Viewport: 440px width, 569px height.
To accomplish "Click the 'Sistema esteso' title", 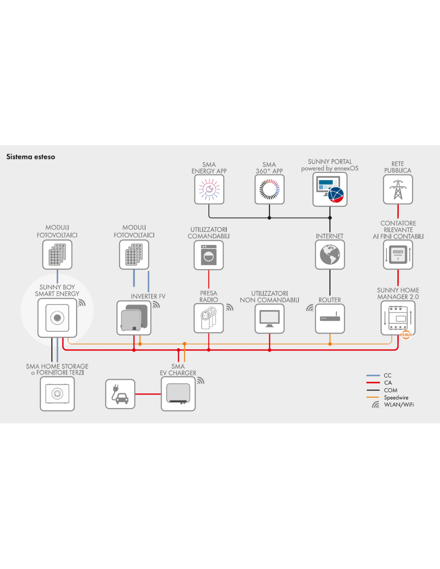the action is click(31, 157).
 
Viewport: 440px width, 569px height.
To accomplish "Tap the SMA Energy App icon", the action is click(209, 189).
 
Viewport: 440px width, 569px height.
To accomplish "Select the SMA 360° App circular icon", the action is click(269, 189).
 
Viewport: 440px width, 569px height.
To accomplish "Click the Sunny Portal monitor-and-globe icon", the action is click(330, 189).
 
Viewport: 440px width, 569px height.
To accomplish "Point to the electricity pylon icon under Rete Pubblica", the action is click(398, 189).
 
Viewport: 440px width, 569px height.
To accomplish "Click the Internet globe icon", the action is click(330, 254).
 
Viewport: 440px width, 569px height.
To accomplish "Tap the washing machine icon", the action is click(209, 255).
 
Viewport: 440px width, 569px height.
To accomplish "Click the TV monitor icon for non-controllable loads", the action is click(269, 319).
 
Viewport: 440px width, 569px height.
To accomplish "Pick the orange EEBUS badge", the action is click(406, 335).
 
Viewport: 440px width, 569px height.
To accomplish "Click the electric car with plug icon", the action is click(120, 394).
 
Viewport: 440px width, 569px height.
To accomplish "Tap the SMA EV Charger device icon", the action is click(178, 394).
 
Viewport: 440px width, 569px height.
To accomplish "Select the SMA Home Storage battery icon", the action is click(57, 394).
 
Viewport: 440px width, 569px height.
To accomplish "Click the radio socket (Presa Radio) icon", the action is click(209, 318).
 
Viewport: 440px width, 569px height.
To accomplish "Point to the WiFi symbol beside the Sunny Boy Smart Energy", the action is click(81, 302).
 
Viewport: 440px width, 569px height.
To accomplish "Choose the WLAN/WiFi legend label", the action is click(399, 405).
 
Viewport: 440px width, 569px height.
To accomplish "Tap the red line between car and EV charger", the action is click(148, 394).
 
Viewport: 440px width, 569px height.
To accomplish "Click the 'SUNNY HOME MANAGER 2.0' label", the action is click(398, 293).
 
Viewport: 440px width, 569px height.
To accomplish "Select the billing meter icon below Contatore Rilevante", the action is click(398, 254).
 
